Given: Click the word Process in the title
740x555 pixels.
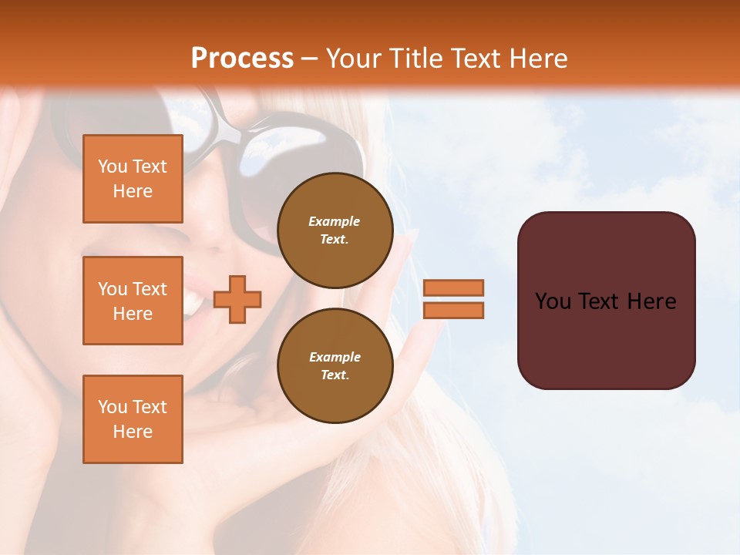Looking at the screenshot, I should [242, 59].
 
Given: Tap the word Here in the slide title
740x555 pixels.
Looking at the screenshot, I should [536, 59].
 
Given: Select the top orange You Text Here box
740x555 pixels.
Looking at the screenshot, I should [133, 179].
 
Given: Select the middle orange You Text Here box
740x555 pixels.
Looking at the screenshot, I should [133, 301].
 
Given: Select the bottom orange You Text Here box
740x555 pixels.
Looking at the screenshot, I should [133, 419].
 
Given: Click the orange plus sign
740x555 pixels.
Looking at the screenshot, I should [237, 299].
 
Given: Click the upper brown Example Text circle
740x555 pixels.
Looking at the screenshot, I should [335, 230].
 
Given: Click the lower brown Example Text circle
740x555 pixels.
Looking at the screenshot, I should [335, 366].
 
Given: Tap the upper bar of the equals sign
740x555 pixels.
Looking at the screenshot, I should [454, 288].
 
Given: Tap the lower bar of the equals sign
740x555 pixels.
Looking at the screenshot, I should [454, 310].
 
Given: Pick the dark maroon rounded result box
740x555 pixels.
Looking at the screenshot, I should [606, 300].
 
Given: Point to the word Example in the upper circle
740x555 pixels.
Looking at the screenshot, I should [335, 221].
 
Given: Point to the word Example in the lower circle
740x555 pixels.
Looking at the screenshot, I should [335, 357].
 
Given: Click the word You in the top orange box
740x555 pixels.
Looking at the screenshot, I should [113, 166].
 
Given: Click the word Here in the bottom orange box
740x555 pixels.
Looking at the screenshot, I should [133, 432].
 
